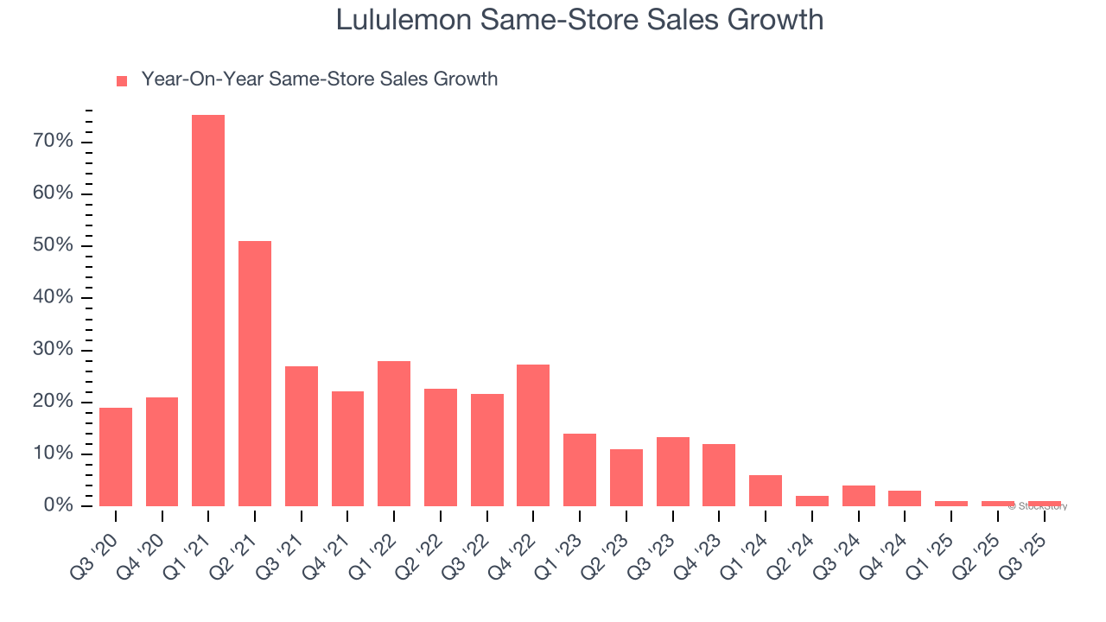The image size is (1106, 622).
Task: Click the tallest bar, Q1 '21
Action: [208, 311]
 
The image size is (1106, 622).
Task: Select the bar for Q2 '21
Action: [255, 373]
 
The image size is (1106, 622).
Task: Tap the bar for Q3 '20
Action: [116, 457]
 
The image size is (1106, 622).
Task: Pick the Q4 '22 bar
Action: [533, 435]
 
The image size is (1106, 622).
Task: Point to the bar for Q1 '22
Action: [394, 434]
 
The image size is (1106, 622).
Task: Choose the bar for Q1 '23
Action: [580, 470]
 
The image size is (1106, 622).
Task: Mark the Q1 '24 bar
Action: [766, 491]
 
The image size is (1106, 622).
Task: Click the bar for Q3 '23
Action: [672, 472]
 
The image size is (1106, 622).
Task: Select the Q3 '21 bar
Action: [302, 436]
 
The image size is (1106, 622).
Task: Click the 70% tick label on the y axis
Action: [54, 142]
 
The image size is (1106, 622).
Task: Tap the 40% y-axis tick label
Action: [54, 298]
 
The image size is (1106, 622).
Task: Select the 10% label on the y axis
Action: [54, 454]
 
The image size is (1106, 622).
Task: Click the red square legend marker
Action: [122, 80]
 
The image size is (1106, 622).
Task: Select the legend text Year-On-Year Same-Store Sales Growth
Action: [320, 79]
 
